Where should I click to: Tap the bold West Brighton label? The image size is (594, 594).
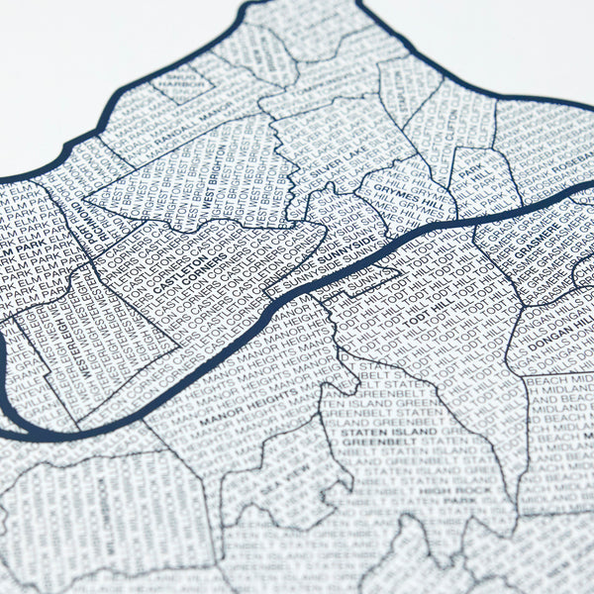[x=214, y=187]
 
